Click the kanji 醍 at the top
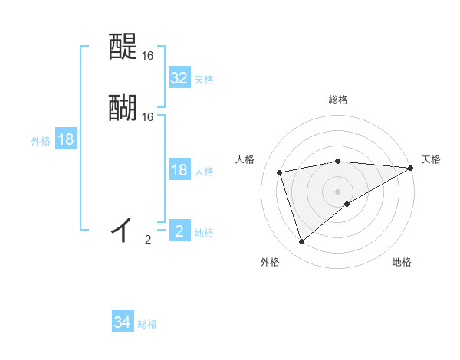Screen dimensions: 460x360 123,48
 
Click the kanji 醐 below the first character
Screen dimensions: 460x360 123,108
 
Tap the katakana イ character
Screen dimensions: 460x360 123,229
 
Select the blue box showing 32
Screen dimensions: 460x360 179,78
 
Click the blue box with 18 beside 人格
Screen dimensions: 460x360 179,170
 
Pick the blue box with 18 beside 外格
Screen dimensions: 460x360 66,139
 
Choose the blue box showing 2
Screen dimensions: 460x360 179,231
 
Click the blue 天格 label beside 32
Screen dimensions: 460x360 204,80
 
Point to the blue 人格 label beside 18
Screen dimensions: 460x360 204,172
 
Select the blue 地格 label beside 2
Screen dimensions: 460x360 204,233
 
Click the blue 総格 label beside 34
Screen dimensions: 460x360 147,324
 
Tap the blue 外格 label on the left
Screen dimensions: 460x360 41,141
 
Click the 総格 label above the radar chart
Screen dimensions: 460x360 337,100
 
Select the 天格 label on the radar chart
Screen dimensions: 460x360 431,159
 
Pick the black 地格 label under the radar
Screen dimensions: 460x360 402,263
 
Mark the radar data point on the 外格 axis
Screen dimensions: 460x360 301,242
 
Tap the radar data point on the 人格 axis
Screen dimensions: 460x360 280,172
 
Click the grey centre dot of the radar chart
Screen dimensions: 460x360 337,191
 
